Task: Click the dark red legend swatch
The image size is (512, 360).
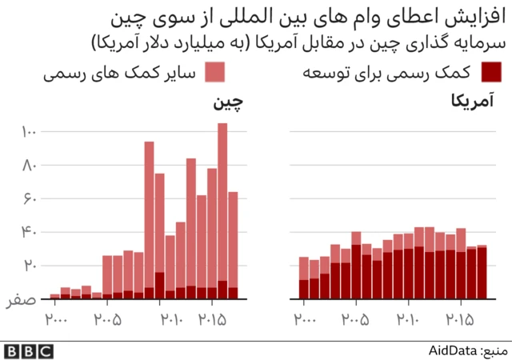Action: click(492, 73)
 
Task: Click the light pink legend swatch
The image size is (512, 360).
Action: click(214, 73)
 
